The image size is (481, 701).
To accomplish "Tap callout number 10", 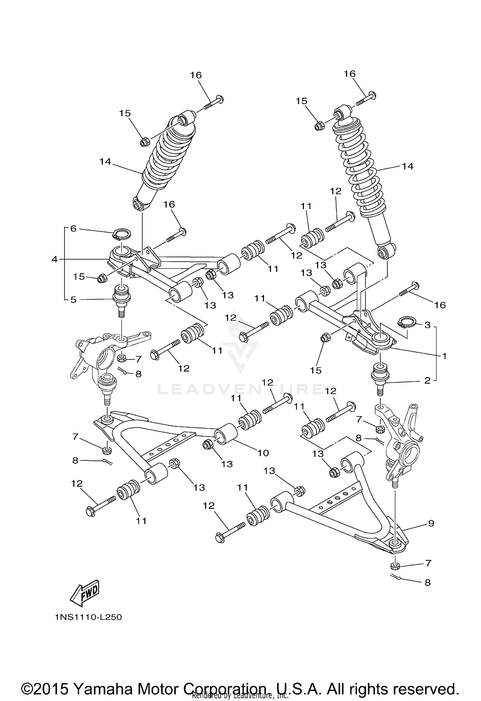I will [x=263, y=453].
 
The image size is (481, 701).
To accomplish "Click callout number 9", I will [x=431, y=523].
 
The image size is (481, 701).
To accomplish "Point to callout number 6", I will [x=73, y=229].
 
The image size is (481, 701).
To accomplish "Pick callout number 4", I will [x=55, y=259].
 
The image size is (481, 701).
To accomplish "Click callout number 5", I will [x=73, y=300].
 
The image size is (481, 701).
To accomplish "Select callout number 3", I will [x=427, y=325].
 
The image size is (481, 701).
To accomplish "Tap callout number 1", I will [x=444, y=356].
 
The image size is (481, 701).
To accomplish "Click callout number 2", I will [x=427, y=381].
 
